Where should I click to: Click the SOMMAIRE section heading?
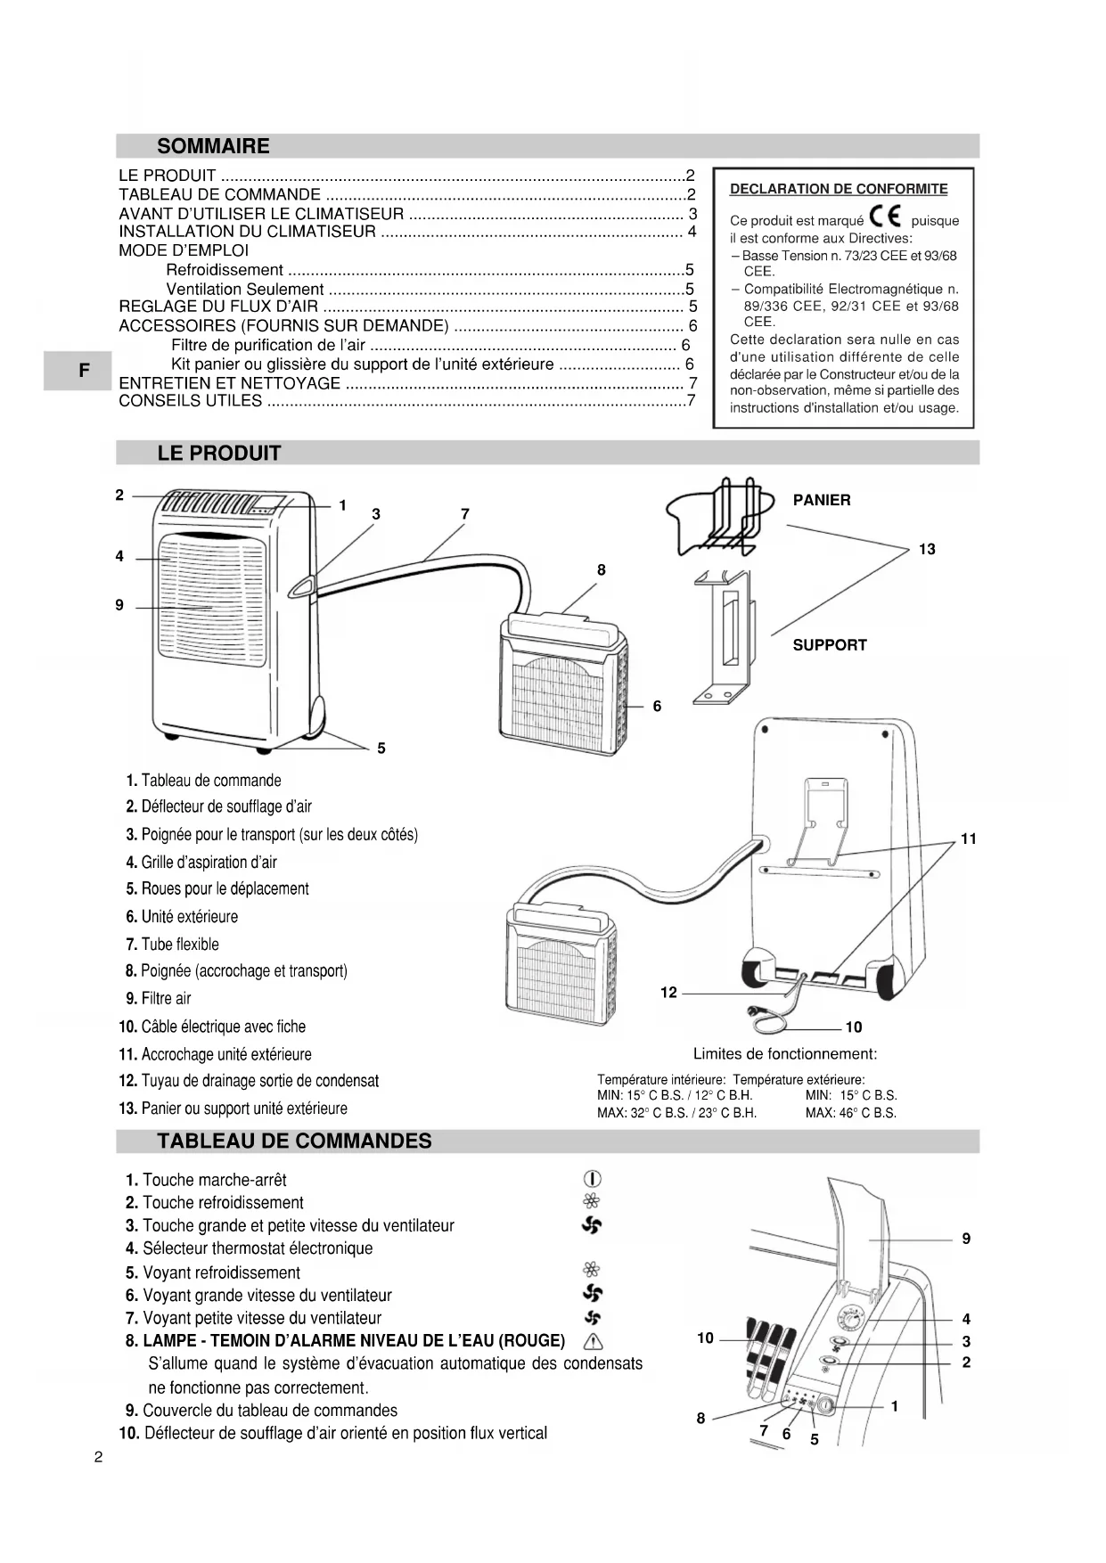point(213,146)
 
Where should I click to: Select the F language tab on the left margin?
point(83,370)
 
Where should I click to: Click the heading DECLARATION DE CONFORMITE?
point(839,189)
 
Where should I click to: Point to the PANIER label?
point(822,500)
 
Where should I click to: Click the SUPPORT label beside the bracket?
point(830,645)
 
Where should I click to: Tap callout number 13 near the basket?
point(927,549)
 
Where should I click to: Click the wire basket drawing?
point(717,516)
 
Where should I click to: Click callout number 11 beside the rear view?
point(968,839)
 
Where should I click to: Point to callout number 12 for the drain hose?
point(668,993)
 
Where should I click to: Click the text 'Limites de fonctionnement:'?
point(785,1054)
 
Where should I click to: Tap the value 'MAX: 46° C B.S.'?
point(851,1113)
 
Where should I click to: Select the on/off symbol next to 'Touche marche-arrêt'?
point(591,1180)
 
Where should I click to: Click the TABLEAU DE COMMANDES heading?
point(294,1142)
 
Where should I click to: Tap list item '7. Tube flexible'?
point(172,944)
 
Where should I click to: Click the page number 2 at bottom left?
point(98,1459)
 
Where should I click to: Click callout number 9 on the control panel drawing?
point(966,1239)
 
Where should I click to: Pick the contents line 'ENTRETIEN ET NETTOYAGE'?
point(230,383)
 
